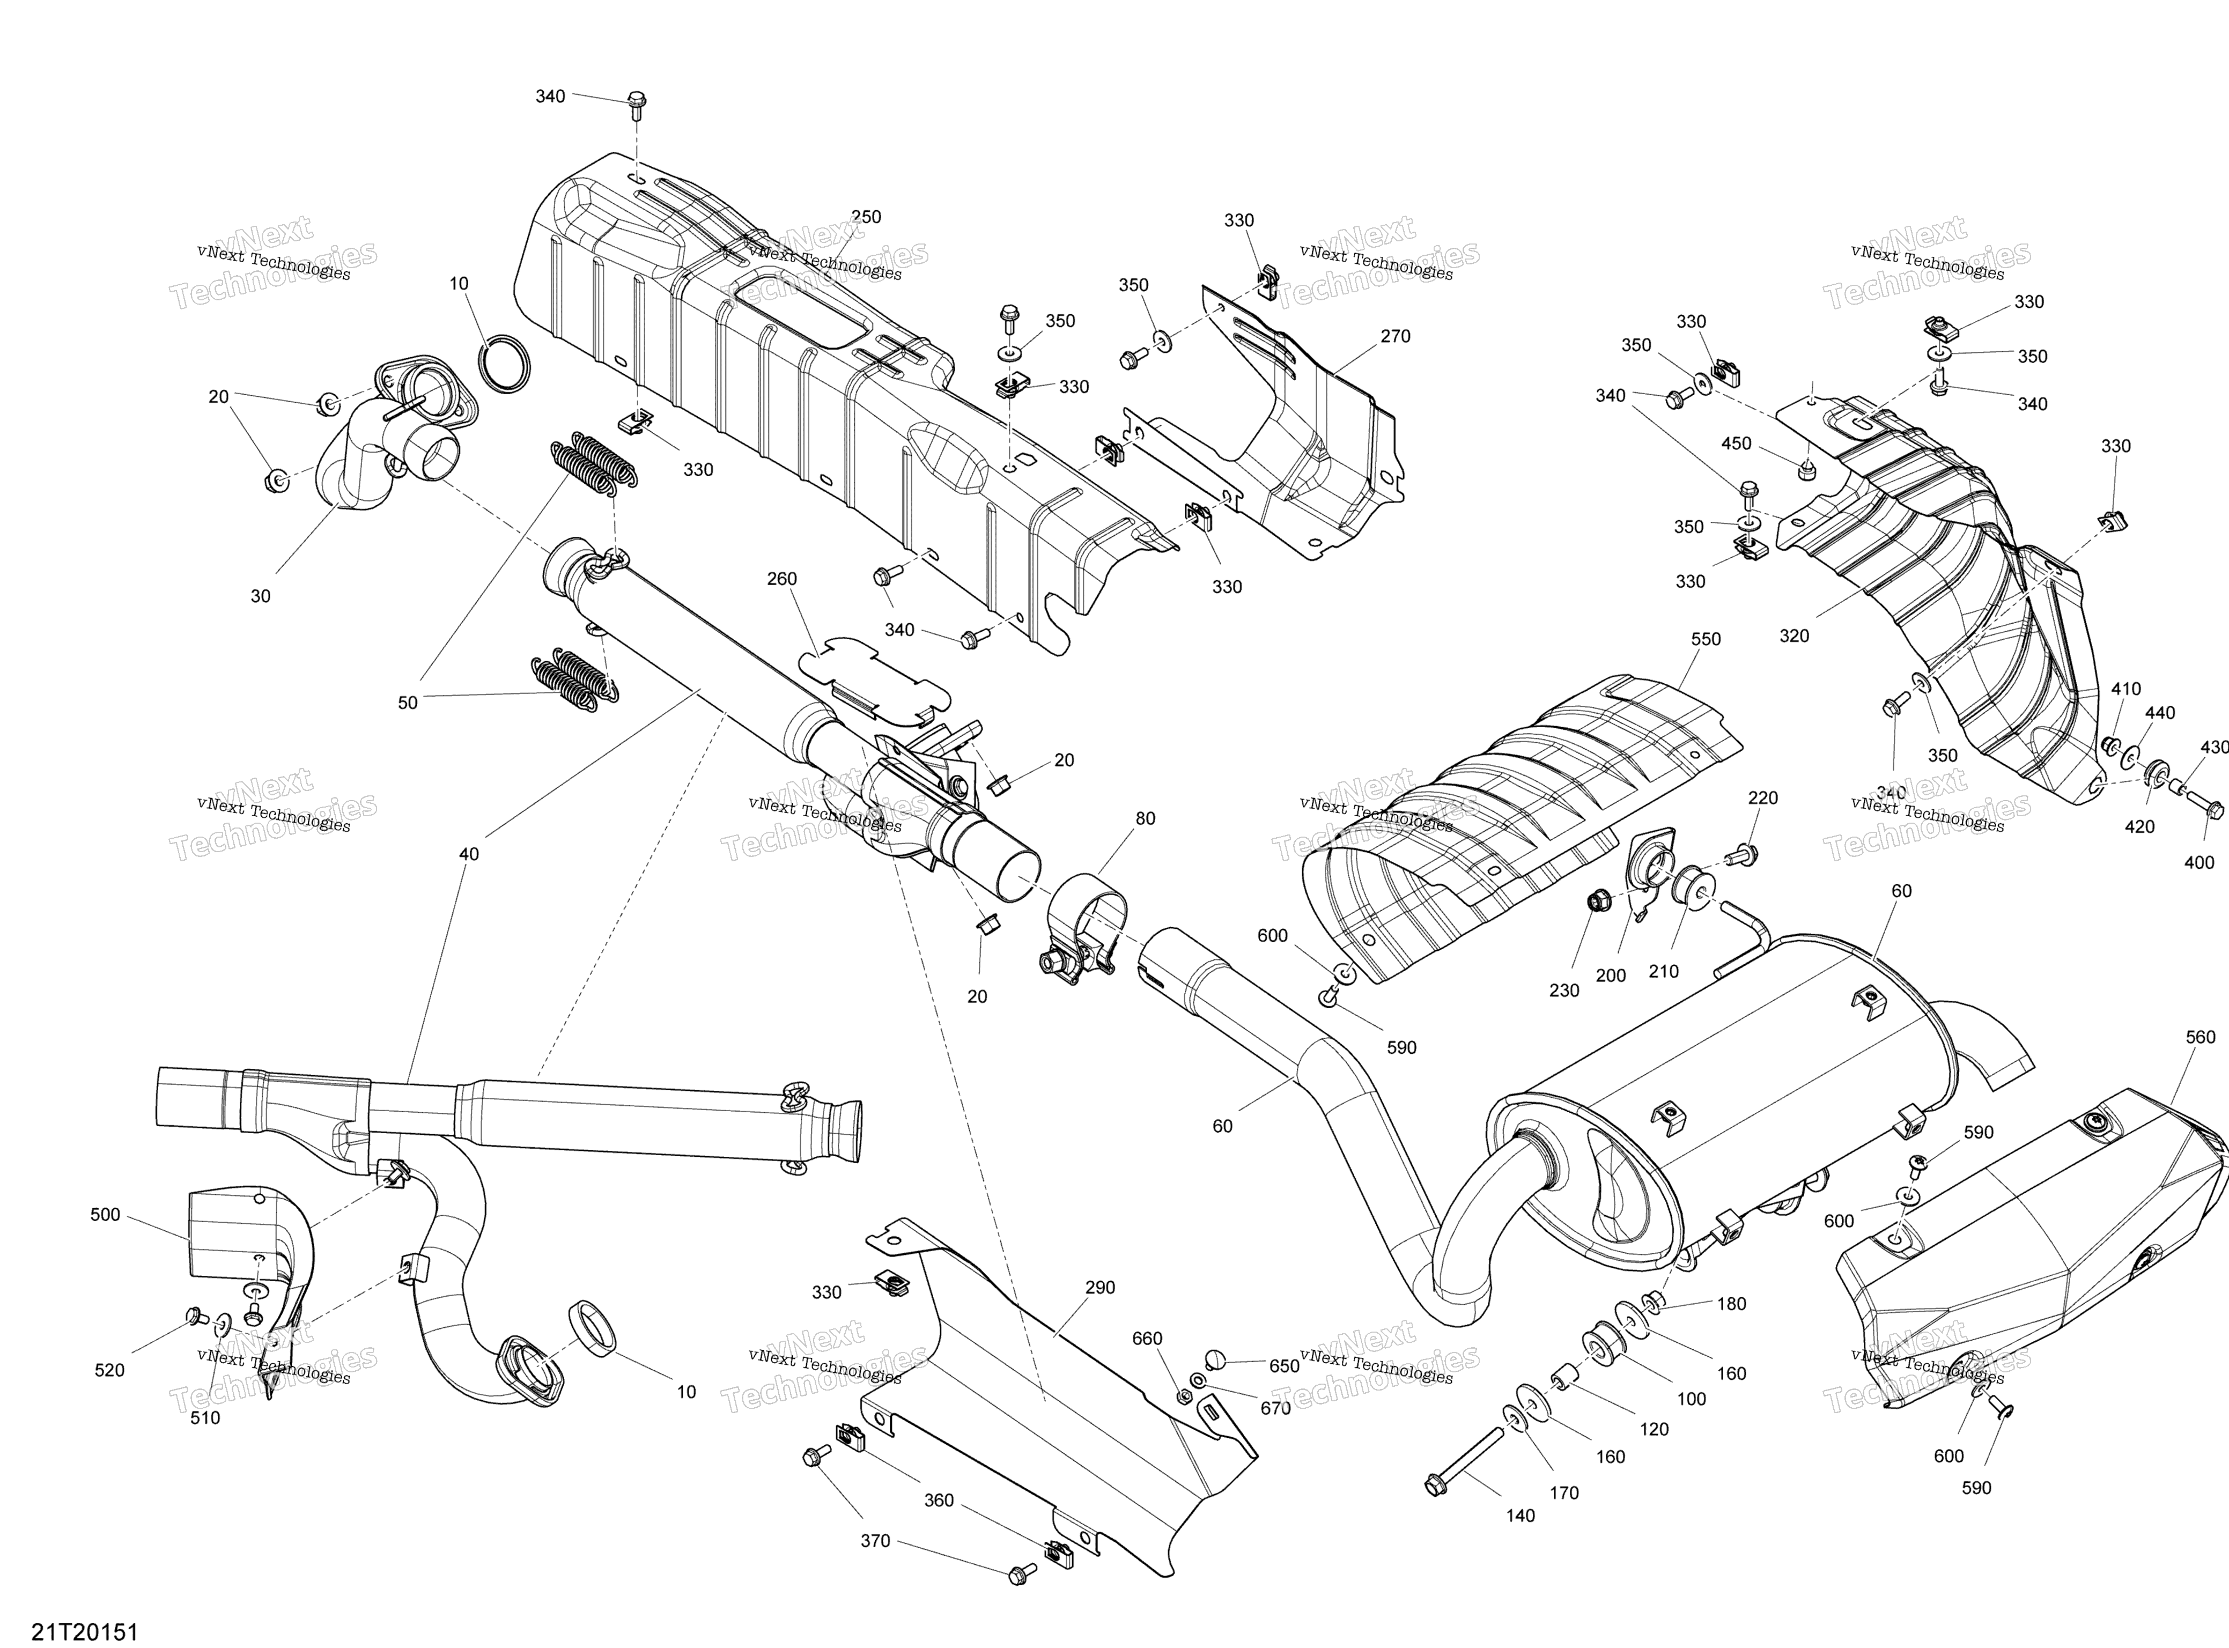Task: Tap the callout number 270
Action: point(1396,336)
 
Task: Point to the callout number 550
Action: point(1706,639)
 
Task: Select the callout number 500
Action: point(105,1214)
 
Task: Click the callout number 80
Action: point(1146,818)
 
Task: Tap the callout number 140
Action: point(1521,1516)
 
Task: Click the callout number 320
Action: point(1794,635)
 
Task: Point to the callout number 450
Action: point(1736,443)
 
